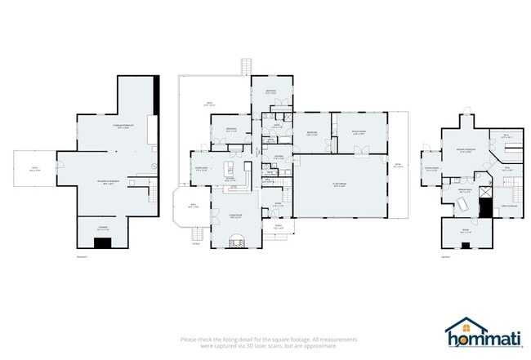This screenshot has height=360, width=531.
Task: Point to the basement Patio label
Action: (35, 169)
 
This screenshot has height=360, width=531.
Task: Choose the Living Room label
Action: (234, 215)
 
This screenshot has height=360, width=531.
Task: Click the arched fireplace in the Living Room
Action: (237, 240)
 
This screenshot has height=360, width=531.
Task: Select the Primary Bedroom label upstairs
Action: (465, 150)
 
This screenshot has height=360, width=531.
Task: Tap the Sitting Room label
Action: (431, 171)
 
